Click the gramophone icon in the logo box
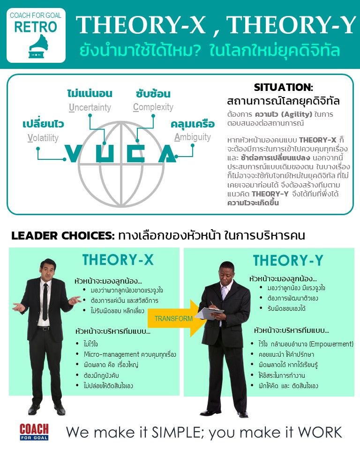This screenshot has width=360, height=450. coord(38,46)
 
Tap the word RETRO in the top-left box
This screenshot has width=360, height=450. coord(36,27)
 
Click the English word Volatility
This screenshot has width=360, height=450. coord(43,138)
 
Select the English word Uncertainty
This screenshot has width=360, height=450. coord(90,107)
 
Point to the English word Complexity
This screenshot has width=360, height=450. coord(153,107)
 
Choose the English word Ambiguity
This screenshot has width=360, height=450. coord(193,137)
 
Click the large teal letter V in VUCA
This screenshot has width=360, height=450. coord(73,153)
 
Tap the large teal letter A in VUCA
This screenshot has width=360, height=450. coord(167,153)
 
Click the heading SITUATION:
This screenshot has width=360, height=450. coord(283,87)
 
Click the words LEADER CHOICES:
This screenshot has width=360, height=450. coord(63,236)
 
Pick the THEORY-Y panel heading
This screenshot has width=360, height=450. coord(288,260)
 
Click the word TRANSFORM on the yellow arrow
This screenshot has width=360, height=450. coord(173,319)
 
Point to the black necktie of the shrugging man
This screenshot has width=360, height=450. coord(45,301)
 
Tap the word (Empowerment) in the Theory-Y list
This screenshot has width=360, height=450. coord(331,344)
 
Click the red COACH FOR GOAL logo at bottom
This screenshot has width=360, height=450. coord(34,432)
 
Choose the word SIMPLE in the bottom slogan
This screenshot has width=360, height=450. coord(179,432)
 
